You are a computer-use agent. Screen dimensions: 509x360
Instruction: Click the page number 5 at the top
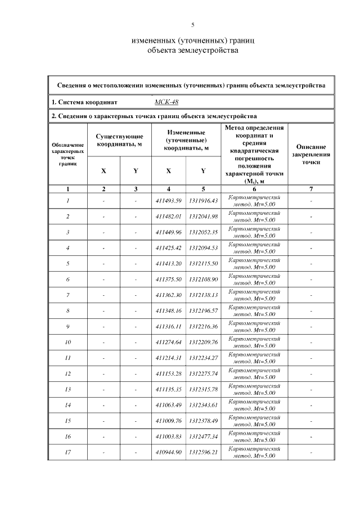(x=193, y=25)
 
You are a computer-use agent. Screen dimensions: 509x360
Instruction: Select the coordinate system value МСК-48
(x=164, y=102)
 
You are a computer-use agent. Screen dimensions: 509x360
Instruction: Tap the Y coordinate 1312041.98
(x=203, y=217)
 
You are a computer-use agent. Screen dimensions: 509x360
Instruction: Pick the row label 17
(x=67, y=452)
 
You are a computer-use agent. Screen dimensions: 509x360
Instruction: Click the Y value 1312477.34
(x=203, y=436)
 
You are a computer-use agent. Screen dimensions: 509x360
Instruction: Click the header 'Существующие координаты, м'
(x=119, y=140)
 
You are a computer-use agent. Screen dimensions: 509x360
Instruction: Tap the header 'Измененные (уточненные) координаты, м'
(x=186, y=140)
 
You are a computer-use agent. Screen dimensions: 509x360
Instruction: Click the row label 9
(x=67, y=327)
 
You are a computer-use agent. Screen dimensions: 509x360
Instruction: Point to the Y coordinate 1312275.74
(x=203, y=373)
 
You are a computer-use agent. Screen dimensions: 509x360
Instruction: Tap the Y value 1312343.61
(x=203, y=405)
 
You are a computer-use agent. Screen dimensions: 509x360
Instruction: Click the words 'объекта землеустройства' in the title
(x=193, y=51)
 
